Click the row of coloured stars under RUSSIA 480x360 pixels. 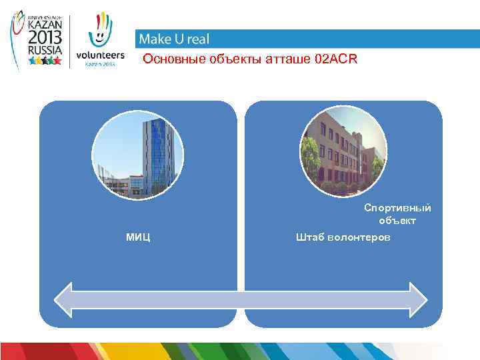tap(45, 61)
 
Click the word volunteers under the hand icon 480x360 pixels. tap(100, 55)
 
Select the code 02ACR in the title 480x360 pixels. tap(336, 60)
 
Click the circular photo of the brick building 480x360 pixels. tap(343, 152)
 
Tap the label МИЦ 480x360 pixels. tap(137, 237)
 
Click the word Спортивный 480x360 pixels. tap(397, 208)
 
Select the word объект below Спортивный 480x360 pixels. tap(397, 221)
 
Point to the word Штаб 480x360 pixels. tap(310, 237)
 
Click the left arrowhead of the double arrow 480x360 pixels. tap(64, 299)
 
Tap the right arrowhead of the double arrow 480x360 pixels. tap(417, 299)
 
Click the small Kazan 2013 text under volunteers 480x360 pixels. tap(100, 65)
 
